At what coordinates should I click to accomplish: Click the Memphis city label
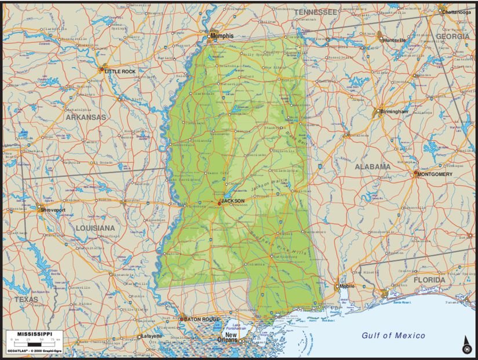point(222,36)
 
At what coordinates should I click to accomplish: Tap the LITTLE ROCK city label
point(120,71)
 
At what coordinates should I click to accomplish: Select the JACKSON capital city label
point(232,201)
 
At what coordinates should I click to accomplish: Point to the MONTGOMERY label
point(435,174)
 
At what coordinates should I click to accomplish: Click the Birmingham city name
point(395,111)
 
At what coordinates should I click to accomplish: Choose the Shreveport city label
point(53,210)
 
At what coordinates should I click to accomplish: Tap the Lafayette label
point(152,336)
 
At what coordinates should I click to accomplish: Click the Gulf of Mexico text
point(393,336)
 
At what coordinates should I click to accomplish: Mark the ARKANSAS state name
point(86,117)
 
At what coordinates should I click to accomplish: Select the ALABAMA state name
point(373,166)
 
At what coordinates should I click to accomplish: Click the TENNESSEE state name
point(315,12)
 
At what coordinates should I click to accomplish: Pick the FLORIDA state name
point(429,280)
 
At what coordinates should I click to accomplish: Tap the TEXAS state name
point(26,300)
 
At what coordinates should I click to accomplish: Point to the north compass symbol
point(465,348)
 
